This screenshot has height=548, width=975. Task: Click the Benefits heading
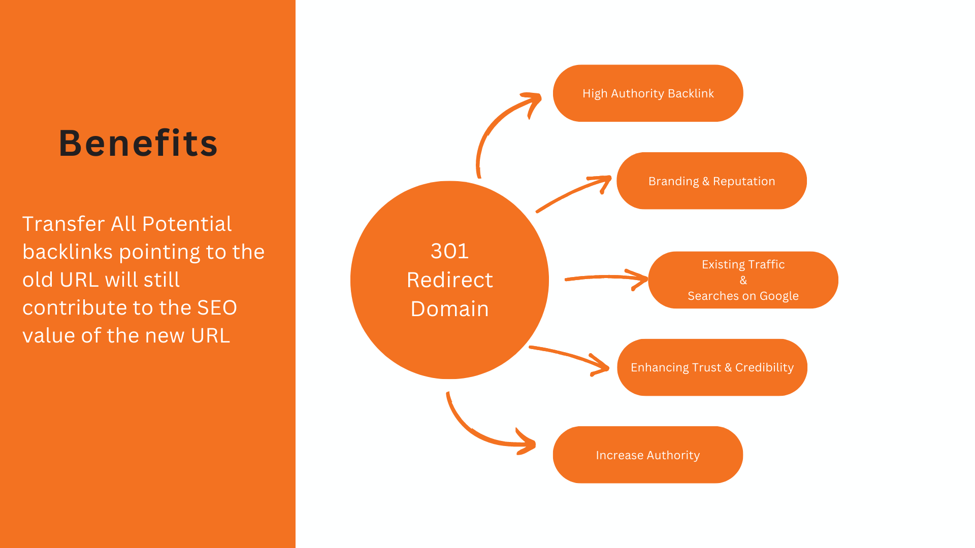click(x=138, y=143)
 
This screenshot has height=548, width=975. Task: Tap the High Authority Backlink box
click(x=648, y=93)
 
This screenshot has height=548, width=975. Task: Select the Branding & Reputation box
click(x=711, y=181)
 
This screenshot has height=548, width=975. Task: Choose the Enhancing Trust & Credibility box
click(x=712, y=367)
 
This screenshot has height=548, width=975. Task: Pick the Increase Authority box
click(x=648, y=455)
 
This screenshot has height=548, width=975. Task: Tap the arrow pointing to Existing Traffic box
click(x=607, y=278)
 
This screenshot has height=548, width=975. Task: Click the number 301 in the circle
click(x=449, y=251)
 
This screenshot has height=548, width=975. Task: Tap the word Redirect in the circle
click(x=449, y=280)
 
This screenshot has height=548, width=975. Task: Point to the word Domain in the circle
click(x=449, y=309)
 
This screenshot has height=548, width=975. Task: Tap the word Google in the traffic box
click(x=779, y=296)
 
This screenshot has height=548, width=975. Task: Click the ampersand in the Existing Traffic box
click(x=743, y=280)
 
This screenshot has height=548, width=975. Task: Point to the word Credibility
click(x=764, y=368)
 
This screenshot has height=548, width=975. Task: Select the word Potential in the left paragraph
click(x=187, y=224)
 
